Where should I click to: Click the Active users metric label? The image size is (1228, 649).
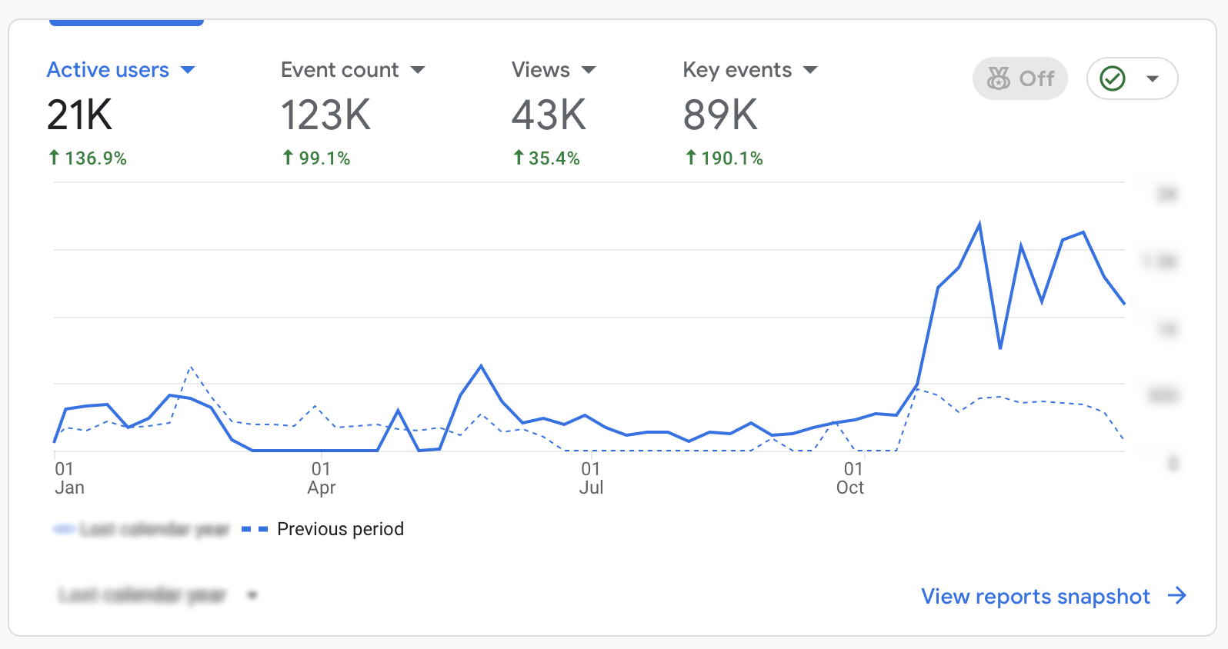(x=108, y=70)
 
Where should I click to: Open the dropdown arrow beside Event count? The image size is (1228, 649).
(x=418, y=70)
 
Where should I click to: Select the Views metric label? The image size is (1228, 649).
(x=540, y=70)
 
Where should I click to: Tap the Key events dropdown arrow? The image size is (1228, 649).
(x=809, y=70)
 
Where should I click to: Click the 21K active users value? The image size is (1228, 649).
(x=79, y=115)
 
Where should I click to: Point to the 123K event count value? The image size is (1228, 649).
(x=325, y=115)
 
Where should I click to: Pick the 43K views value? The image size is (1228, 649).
(x=549, y=115)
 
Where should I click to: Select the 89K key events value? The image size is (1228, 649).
(x=720, y=115)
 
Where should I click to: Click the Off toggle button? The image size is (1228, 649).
(x=1020, y=78)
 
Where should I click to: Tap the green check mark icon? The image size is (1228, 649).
(x=1113, y=78)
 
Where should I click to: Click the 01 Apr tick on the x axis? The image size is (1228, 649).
(x=321, y=478)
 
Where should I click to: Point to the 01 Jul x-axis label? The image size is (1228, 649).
(x=590, y=478)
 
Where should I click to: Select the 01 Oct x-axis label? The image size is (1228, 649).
(x=851, y=478)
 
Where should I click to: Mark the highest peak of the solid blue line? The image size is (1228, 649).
(x=979, y=224)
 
